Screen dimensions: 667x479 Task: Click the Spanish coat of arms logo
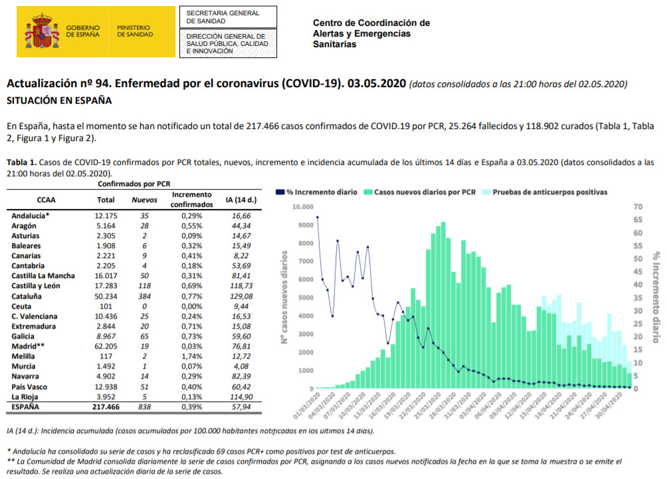click(42, 31)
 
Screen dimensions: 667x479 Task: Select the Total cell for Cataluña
click(106, 296)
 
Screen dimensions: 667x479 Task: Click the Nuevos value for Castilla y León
click(144, 286)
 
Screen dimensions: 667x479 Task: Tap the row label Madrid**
click(28, 346)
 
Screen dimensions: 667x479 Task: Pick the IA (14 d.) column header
click(241, 200)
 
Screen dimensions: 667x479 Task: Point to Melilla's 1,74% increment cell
click(191, 357)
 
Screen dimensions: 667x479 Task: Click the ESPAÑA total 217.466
click(106, 407)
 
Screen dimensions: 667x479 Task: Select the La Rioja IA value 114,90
click(241, 397)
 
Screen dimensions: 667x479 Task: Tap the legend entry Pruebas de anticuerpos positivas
click(545, 192)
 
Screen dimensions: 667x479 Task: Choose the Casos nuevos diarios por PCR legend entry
click(420, 192)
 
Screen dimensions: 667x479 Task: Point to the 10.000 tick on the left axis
click(303, 207)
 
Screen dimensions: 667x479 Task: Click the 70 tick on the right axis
click(638, 207)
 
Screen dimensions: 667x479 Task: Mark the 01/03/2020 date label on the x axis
click(307, 406)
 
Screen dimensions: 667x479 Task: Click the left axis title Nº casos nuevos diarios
click(284, 297)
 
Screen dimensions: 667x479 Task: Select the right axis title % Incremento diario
click(656, 297)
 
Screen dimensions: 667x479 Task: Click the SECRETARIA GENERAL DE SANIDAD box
click(228, 17)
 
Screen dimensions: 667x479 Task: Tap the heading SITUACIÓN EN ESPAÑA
click(59, 100)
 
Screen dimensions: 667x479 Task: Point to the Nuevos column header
click(144, 200)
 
